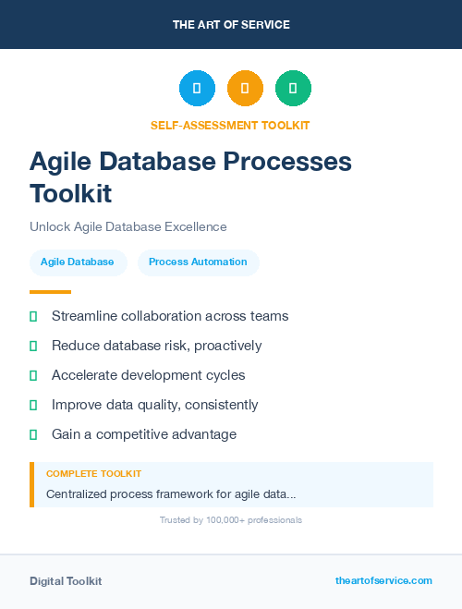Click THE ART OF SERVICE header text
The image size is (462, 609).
point(231,25)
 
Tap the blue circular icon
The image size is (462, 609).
point(197,88)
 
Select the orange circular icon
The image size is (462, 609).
point(245,88)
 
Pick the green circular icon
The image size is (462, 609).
point(293,88)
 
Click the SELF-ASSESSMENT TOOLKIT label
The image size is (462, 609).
point(231,125)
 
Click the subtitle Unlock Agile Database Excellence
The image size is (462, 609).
point(128,226)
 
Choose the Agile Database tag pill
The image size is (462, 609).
point(77,262)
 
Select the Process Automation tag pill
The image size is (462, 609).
point(198,262)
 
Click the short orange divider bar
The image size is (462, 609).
point(44,292)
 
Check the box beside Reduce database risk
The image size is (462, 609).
point(33,346)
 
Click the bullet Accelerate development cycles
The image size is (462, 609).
point(148,375)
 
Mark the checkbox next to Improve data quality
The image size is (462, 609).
point(33,405)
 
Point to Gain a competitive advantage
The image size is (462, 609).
point(143,434)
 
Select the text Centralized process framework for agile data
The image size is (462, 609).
point(171,494)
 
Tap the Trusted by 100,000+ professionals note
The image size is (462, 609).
point(231,520)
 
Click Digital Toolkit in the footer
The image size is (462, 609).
point(66,581)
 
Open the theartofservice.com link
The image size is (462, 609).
point(383,580)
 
